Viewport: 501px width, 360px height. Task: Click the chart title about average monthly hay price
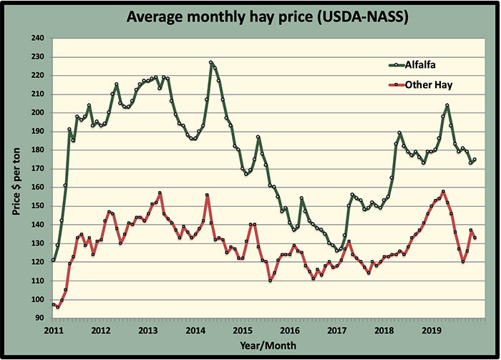(250, 15)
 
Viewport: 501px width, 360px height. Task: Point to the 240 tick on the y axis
(37, 38)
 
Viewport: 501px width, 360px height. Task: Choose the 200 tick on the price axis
(37, 112)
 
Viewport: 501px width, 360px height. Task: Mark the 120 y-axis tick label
(37, 262)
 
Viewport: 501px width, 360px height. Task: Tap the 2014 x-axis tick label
(195, 331)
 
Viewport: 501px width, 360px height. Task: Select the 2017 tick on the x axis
(337, 331)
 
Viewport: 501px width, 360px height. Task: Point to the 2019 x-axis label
(432, 331)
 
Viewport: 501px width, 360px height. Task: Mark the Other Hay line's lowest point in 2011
(57, 307)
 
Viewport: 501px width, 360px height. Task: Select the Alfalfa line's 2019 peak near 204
(447, 105)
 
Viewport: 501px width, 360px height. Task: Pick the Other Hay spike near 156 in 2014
(207, 195)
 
